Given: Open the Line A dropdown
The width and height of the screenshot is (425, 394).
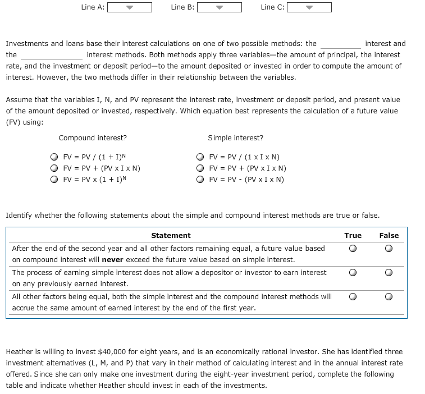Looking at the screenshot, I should point(129,7).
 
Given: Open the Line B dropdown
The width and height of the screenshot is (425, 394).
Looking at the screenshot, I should point(219,7).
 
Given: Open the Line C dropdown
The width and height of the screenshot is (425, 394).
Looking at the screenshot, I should point(309,7).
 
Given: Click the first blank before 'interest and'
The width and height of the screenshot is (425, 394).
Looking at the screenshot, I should point(340,44).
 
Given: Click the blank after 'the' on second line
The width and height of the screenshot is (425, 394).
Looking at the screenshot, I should point(52,55).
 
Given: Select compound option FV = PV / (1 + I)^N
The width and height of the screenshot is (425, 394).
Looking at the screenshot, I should point(54,157).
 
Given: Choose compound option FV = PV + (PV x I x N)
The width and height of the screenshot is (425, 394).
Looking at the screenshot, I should point(54,168).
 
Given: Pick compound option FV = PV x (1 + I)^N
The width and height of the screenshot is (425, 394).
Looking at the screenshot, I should point(54,180).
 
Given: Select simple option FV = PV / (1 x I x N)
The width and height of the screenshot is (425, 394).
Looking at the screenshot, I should point(200,157).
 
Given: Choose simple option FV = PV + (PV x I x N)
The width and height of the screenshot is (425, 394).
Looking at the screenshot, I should point(200,168).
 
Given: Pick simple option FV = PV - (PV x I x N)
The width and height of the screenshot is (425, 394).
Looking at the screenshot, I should point(200,180).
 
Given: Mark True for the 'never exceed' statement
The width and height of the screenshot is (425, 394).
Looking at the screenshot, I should point(353,249).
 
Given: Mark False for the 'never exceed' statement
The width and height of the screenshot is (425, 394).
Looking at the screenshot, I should point(389,249).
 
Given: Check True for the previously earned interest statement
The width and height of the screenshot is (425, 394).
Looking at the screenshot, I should point(353,273).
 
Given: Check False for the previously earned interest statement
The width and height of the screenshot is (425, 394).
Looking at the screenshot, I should point(389,273).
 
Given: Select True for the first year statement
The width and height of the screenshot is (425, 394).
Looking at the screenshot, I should point(353,297).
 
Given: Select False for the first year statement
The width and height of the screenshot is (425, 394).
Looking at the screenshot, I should point(389,297).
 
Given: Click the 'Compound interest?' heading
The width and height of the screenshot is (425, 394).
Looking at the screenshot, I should point(93,138).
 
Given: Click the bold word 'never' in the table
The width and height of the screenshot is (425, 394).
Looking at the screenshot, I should point(112,260).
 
